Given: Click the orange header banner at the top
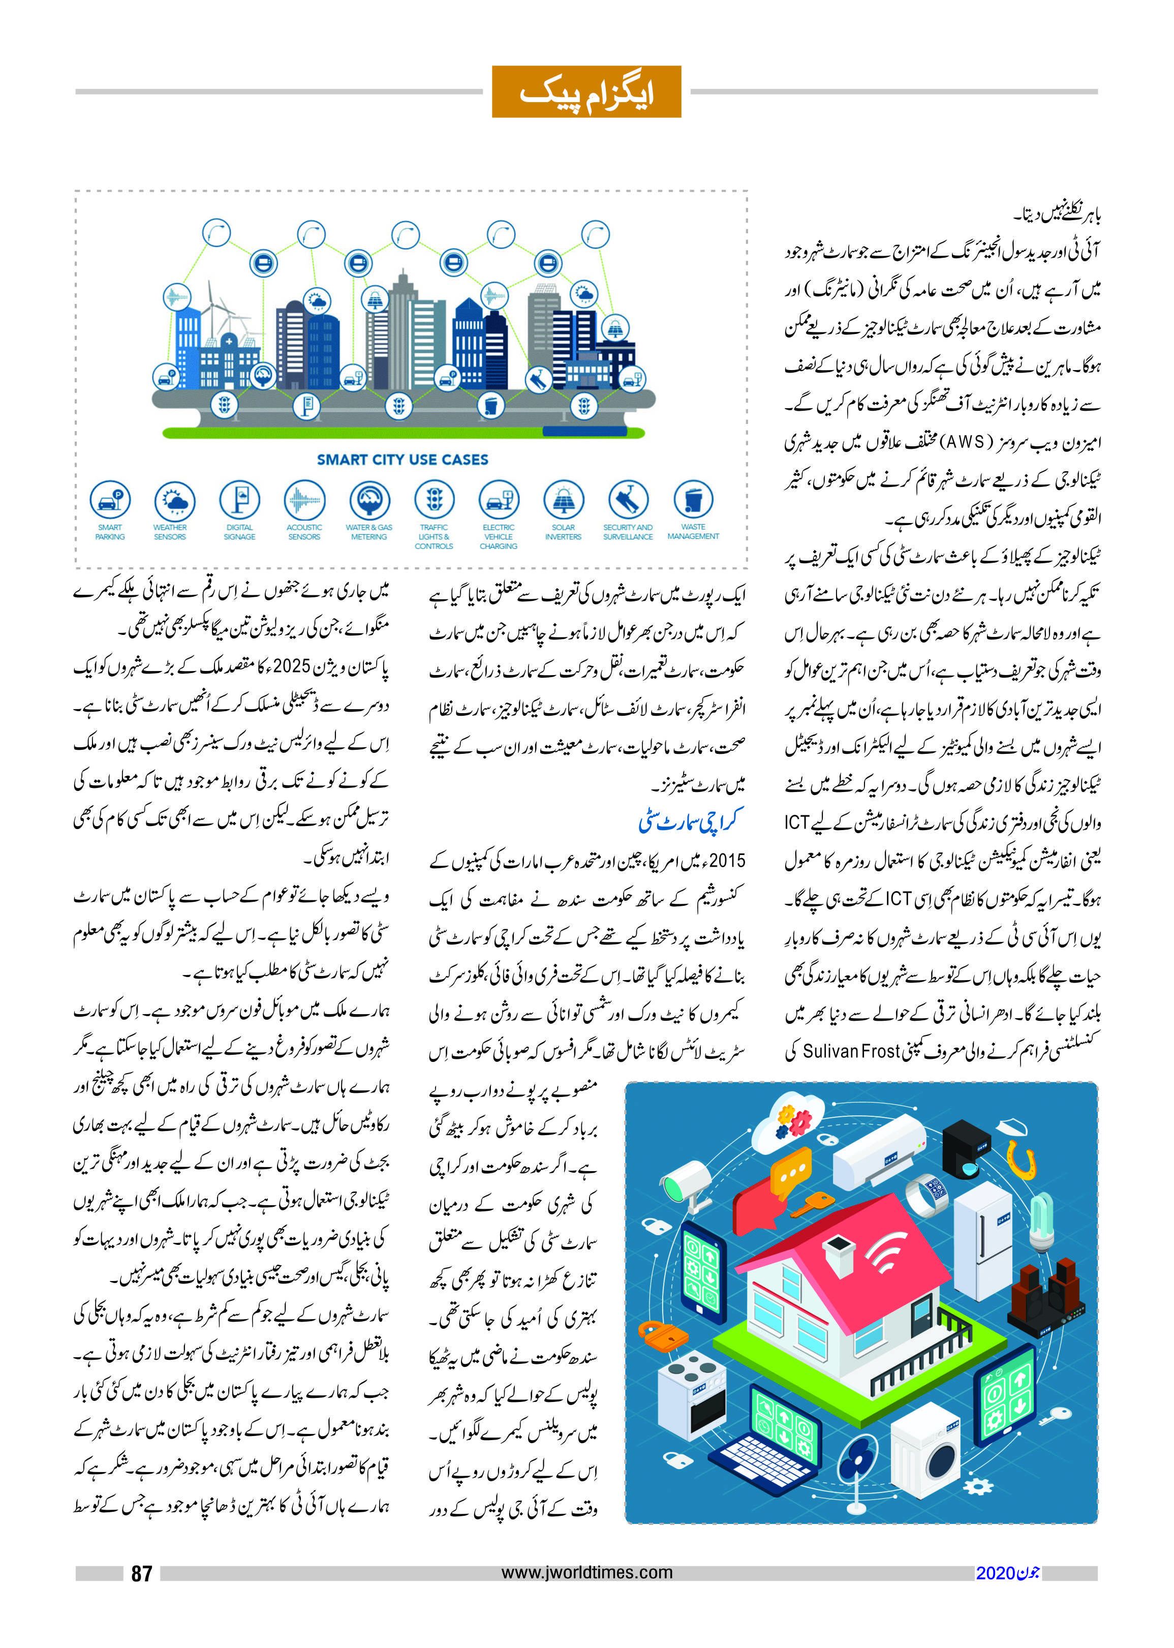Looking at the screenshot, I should (586, 92).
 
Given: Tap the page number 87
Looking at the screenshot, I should (142, 1573).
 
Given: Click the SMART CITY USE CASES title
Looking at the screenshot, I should (403, 460).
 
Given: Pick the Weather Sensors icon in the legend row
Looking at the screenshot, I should (174, 500).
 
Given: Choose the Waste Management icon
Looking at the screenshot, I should (693, 499).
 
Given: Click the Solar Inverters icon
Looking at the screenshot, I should (563, 500).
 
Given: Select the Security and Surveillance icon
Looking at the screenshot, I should (628, 500).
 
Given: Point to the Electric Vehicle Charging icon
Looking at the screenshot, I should (498, 500).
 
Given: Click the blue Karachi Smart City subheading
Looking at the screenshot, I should (690, 821).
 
